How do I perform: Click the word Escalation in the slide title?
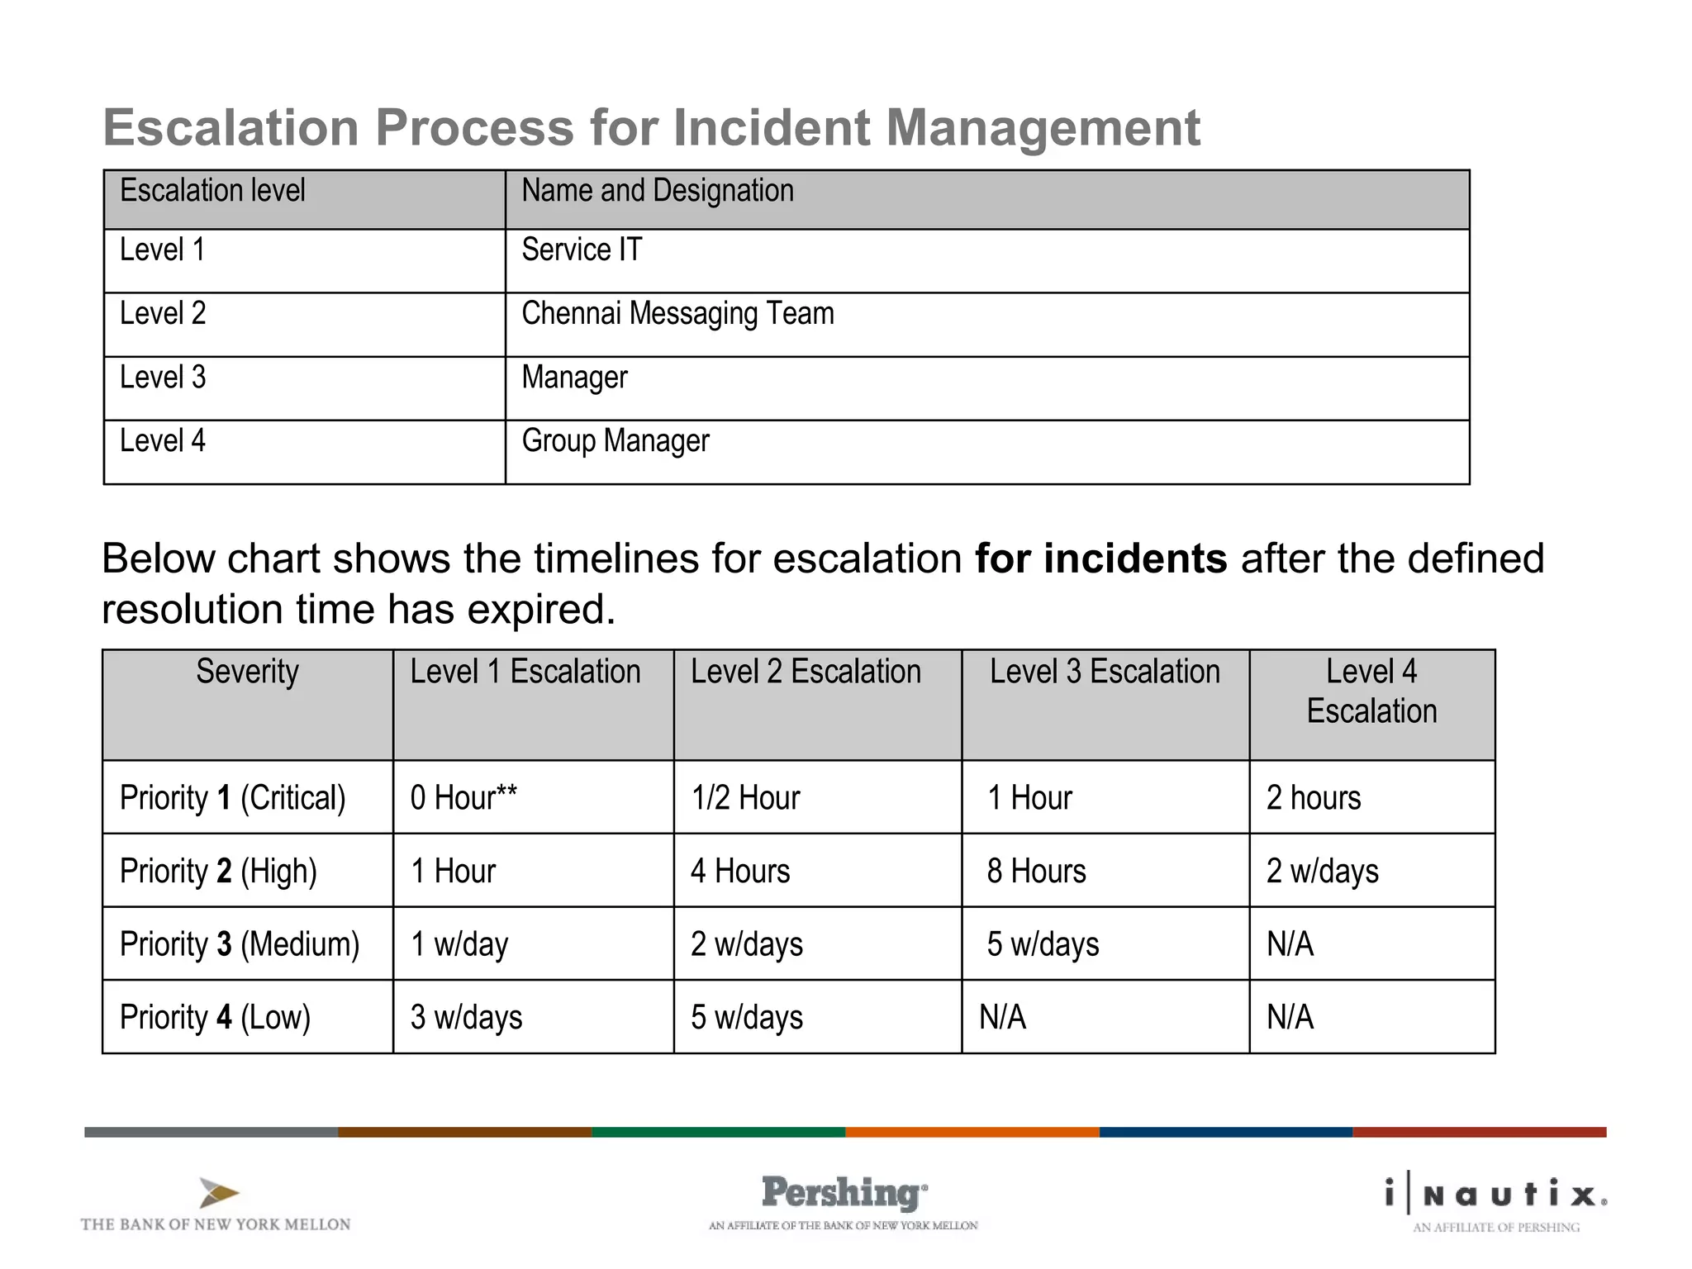(x=231, y=128)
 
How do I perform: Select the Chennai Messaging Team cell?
(x=677, y=315)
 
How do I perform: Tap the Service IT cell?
(x=582, y=250)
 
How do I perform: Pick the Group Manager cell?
(x=615, y=442)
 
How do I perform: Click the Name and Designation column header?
(x=658, y=192)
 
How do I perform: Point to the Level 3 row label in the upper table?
(x=163, y=378)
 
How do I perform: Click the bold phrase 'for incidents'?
(x=1100, y=559)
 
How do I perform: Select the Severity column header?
(x=247, y=673)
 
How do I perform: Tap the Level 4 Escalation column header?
(x=1371, y=692)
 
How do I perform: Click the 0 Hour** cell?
(x=463, y=798)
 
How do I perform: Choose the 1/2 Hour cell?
(x=745, y=798)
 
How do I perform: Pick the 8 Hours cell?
(x=1036, y=872)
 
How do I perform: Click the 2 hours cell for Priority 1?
(x=1314, y=798)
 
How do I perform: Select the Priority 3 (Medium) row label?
(x=240, y=944)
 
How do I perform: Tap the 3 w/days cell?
(x=467, y=1018)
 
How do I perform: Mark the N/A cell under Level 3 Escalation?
(x=1003, y=1018)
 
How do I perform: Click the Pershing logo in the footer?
(x=844, y=1194)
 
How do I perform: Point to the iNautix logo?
(x=1496, y=1195)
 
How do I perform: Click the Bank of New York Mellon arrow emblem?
(x=218, y=1193)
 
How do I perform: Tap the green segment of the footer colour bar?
(x=718, y=1132)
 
